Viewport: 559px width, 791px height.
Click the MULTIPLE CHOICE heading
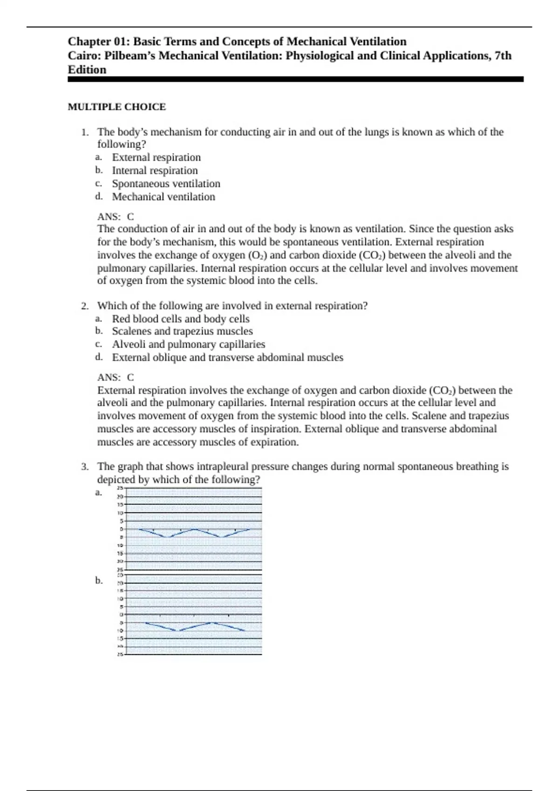point(116,107)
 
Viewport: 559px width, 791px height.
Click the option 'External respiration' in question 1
point(156,157)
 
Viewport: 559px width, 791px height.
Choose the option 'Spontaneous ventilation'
point(166,184)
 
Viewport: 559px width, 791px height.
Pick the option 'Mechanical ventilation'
point(164,197)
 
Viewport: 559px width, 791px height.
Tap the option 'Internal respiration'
point(155,171)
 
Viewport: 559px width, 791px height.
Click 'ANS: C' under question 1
point(116,217)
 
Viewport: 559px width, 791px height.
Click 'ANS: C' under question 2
point(116,377)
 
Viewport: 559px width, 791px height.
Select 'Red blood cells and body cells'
point(181,319)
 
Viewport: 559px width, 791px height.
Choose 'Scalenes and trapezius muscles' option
point(182,331)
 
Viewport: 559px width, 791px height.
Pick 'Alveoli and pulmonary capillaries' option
point(188,344)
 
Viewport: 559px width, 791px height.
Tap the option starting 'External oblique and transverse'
point(227,357)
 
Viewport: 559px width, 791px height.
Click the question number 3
point(84,467)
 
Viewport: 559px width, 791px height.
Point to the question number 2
point(84,306)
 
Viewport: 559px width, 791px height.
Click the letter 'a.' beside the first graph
point(99,492)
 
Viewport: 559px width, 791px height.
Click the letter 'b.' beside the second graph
point(99,581)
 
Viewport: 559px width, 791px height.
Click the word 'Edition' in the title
point(87,70)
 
